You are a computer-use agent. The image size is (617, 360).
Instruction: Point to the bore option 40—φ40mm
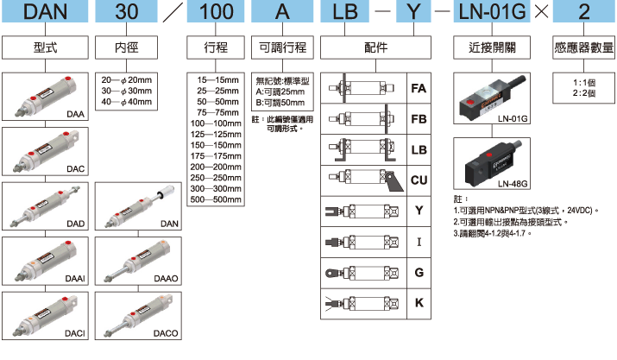point(126,101)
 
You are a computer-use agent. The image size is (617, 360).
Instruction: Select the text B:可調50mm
point(282,101)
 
